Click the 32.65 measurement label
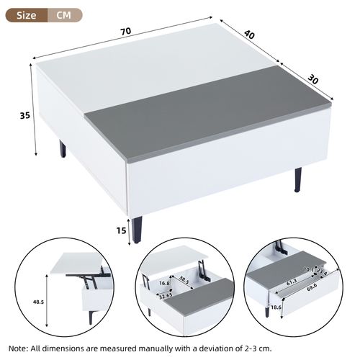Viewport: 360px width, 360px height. pos(166,294)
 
